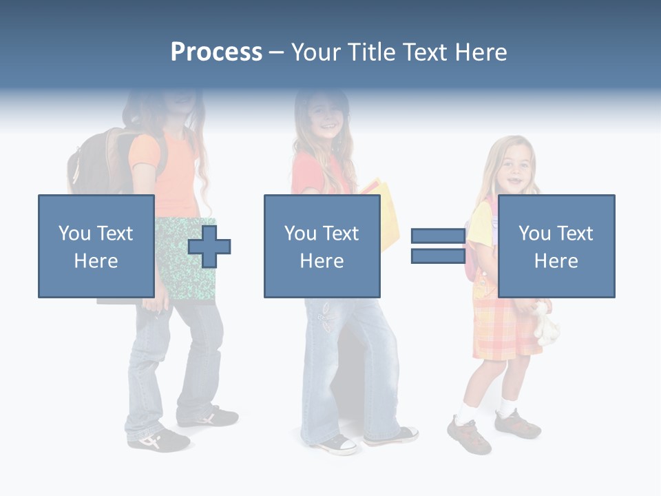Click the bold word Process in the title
tap(216, 52)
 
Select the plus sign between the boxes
tap(209, 246)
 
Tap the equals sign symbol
tap(438, 246)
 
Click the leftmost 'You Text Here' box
tap(96, 246)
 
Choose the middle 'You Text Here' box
tap(322, 246)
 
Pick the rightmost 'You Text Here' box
tap(556, 246)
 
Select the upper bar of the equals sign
tap(438, 236)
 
